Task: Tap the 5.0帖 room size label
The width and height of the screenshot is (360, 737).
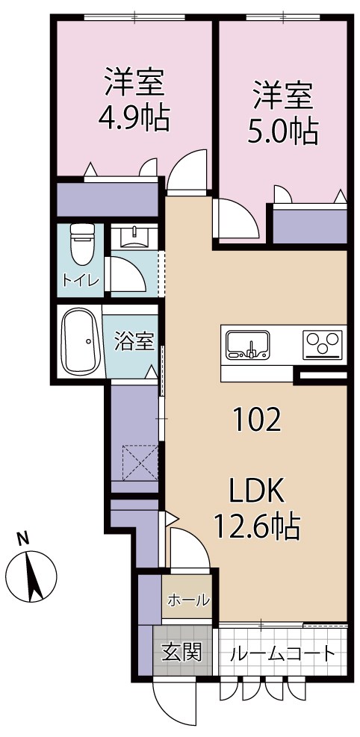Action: pyautogui.click(x=282, y=131)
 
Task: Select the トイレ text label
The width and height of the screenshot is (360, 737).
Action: pyautogui.click(x=80, y=281)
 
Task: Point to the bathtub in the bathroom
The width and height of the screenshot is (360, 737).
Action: pyautogui.click(x=80, y=343)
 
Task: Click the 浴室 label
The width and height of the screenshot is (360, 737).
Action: pyautogui.click(x=134, y=342)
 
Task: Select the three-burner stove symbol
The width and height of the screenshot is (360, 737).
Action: pyautogui.click(x=323, y=345)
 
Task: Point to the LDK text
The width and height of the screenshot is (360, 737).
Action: pyautogui.click(x=257, y=493)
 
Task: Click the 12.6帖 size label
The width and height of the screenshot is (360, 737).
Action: pyautogui.click(x=257, y=528)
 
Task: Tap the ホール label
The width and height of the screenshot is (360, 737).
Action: pyautogui.click(x=188, y=600)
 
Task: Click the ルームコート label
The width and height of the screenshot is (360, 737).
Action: pyautogui.click(x=282, y=653)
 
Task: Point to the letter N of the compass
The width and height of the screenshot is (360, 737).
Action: pyautogui.click(x=23, y=537)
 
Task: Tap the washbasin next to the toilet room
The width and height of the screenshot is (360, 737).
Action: pyautogui.click(x=135, y=237)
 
